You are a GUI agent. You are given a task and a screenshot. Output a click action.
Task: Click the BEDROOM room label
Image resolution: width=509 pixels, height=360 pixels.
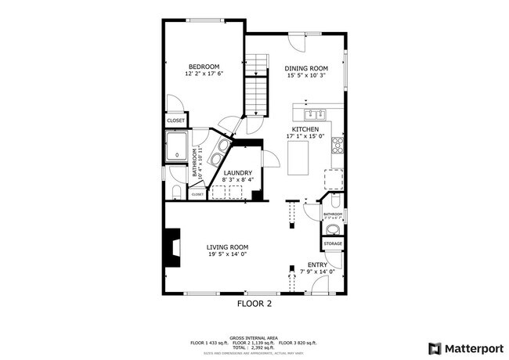point(204,67)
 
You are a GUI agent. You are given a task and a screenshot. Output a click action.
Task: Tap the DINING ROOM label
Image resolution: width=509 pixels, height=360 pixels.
point(305,69)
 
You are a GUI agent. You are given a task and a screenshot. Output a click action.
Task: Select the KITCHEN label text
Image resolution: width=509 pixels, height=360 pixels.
point(305,129)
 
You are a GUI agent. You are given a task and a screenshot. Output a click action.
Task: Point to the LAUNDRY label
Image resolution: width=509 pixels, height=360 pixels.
point(237,173)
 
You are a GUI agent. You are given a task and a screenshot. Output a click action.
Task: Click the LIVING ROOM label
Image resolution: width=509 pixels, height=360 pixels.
point(227,247)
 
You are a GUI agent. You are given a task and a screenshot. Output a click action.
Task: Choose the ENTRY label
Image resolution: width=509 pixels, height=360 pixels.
point(317,265)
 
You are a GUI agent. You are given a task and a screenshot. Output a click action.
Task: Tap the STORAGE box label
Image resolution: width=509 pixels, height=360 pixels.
point(333,244)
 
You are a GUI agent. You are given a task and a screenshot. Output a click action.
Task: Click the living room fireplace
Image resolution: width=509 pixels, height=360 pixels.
point(171,248)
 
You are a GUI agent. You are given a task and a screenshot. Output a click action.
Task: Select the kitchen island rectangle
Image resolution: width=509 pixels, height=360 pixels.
point(299,160)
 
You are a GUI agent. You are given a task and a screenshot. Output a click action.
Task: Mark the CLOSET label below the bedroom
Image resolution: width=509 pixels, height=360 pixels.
point(176,121)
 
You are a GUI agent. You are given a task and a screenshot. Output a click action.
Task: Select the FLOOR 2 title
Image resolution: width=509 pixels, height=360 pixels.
point(254,302)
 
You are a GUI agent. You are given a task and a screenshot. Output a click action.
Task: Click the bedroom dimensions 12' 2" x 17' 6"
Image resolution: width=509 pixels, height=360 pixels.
point(204,74)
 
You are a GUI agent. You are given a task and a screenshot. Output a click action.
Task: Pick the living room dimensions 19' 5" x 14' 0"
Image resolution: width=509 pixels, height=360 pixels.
point(227,254)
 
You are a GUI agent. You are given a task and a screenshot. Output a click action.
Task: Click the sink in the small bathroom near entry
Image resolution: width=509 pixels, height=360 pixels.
point(334,229)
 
